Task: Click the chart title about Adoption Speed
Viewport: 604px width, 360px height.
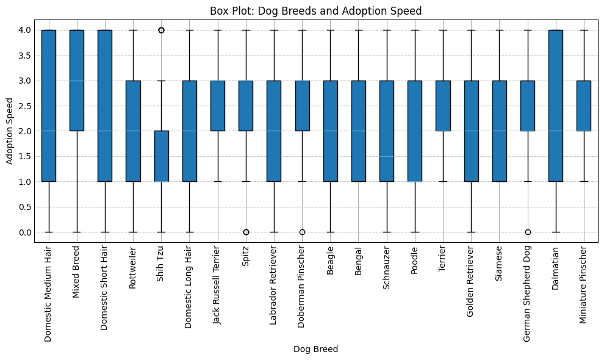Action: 315,11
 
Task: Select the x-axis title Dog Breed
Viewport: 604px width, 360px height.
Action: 315,349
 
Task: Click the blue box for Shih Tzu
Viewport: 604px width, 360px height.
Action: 161,156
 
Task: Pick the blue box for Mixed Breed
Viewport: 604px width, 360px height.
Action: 77,80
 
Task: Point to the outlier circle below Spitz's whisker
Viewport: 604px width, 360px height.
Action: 246,232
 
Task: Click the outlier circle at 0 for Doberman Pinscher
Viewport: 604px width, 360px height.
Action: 302,232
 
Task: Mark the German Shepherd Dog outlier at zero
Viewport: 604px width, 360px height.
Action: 528,232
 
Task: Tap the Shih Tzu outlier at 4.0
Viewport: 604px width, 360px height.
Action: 161,30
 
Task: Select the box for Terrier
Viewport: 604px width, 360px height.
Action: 443,106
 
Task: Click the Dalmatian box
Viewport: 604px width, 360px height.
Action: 556,106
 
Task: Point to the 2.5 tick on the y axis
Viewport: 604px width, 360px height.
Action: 24,106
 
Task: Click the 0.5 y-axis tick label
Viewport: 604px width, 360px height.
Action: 24,207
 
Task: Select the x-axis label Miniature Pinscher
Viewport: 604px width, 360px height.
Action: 584,284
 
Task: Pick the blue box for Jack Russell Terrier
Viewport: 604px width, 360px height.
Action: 218,106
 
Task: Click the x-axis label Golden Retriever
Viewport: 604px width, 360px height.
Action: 471,283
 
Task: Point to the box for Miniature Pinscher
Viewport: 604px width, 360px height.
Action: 584,106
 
